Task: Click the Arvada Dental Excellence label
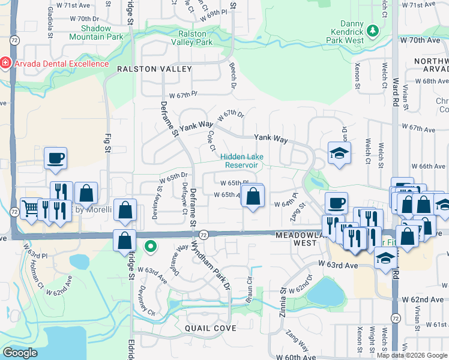coord(59,64)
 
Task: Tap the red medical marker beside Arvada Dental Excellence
coord(5,63)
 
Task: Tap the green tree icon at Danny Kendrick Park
coord(373,29)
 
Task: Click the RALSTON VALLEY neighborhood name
coord(154,69)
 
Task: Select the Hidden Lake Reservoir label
coord(244,160)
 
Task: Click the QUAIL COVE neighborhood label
coord(209,328)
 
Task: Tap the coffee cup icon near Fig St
coord(56,157)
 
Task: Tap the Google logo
coord(20,353)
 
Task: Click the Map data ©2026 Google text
coord(412,355)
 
